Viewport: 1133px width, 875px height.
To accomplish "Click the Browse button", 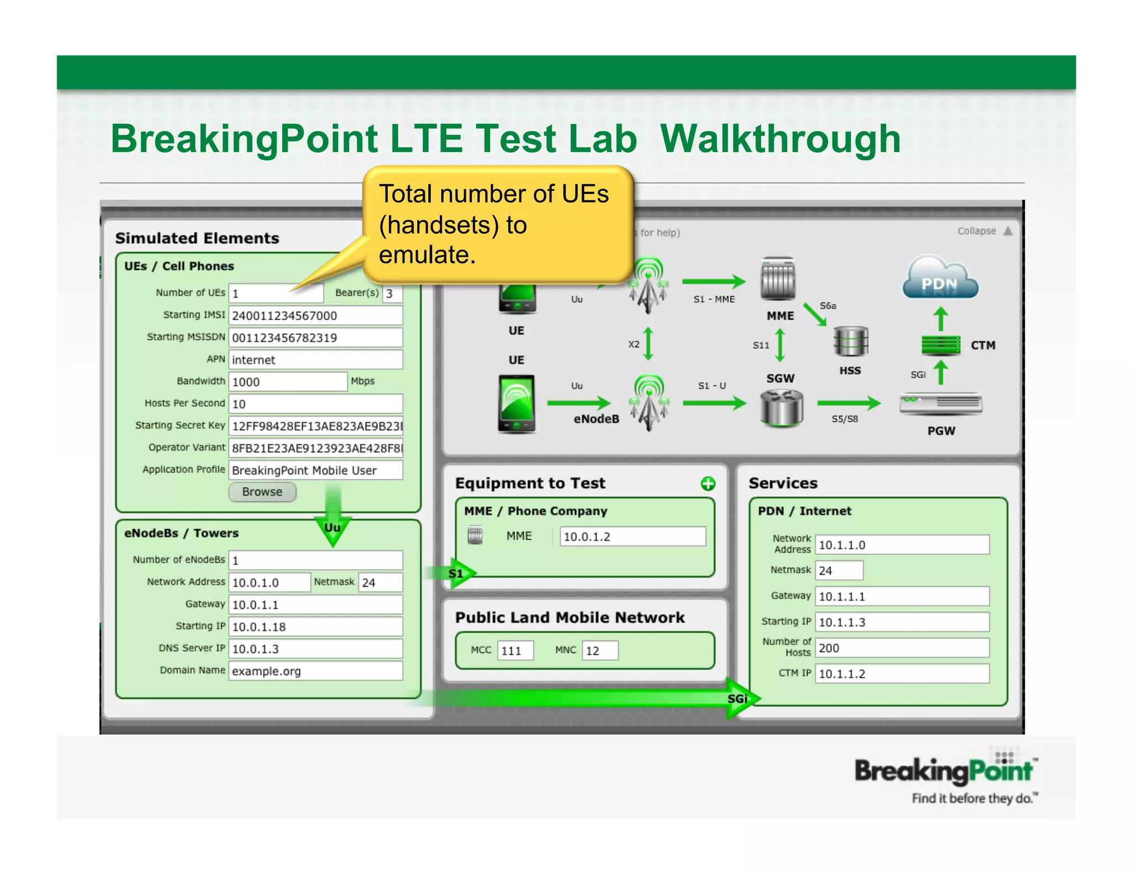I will pos(262,492).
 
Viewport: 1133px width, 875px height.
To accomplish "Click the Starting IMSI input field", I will pos(315,316).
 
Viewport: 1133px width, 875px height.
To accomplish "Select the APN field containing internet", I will pos(315,360).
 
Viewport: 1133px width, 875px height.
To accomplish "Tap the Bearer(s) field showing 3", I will pos(392,294).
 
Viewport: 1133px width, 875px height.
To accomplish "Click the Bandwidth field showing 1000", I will pos(288,382).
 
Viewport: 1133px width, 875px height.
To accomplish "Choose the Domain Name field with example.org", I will pos(315,671).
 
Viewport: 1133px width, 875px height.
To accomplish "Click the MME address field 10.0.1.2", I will pos(632,537).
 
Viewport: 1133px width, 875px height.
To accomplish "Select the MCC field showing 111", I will pos(515,650).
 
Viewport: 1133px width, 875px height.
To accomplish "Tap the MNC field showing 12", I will pos(600,650).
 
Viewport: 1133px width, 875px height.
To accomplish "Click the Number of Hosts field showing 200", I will pos(902,648).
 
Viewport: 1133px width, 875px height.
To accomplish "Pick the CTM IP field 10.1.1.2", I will pos(902,674).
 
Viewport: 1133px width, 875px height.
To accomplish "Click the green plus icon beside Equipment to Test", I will pos(708,484).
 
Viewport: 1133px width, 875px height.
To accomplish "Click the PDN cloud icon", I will pos(940,278).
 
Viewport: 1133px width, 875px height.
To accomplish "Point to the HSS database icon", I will pos(850,342).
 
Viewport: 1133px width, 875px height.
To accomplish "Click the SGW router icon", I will pos(781,408).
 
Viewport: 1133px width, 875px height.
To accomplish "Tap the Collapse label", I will pos(976,231).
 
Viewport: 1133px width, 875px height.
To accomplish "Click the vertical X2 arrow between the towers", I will pos(649,344).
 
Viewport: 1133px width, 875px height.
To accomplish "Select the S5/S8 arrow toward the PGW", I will pos(849,403).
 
